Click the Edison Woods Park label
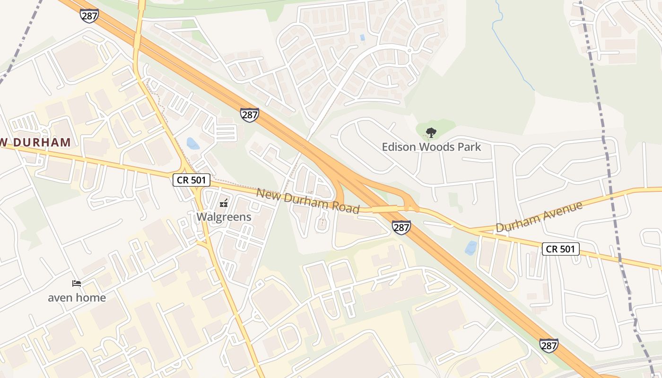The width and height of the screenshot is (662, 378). click(431, 147)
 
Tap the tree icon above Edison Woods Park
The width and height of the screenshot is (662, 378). click(431, 133)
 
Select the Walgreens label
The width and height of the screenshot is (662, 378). click(224, 217)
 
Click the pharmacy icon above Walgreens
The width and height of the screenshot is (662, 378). click(224, 204)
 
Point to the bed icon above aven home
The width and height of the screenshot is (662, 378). click(77, 283)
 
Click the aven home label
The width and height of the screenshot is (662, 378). click(77, 298)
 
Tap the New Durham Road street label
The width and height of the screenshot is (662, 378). click(308, 201)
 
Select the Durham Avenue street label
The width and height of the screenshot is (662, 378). click(539, 217)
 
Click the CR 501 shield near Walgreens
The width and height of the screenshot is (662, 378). click(191, 180)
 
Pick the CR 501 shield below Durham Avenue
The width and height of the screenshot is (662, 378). click(560, 249)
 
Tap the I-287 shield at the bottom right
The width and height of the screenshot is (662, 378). click(549, 345)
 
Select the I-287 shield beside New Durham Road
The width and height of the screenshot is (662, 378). click(401, 227)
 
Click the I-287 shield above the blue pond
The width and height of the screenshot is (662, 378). click(249, 115)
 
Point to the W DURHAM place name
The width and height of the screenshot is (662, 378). click(35, 142)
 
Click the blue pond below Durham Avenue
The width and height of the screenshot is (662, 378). click(471, 248)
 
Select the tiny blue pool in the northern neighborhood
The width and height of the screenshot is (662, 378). click(362, 37)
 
